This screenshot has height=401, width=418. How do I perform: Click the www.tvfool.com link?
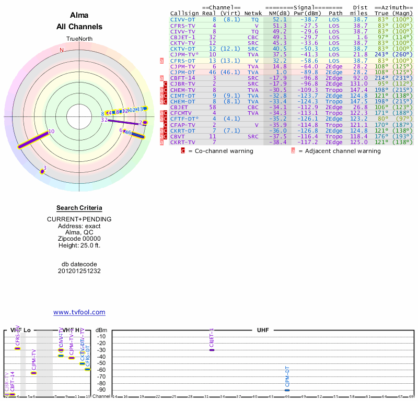coord(79,312)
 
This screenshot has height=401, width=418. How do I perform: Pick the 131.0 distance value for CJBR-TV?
coord(359,84)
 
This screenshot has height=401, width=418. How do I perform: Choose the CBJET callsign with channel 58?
coord(180,107)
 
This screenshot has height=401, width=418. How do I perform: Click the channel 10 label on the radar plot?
coord(51,132)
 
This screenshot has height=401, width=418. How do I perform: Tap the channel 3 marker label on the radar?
coord(45,168)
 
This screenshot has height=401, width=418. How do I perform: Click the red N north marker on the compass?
coord(62,50)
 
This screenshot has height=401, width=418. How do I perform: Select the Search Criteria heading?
coord(79,208)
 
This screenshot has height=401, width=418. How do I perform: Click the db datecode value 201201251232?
coord(79,272)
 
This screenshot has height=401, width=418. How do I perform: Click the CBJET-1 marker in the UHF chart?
coord(212,349)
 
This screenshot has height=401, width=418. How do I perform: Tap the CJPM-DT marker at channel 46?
coord(287,390)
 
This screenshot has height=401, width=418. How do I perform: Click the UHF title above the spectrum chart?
coord(262,331)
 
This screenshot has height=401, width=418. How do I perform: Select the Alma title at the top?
coord(79,15)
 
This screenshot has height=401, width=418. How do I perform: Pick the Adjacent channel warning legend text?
coord(339,151)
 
